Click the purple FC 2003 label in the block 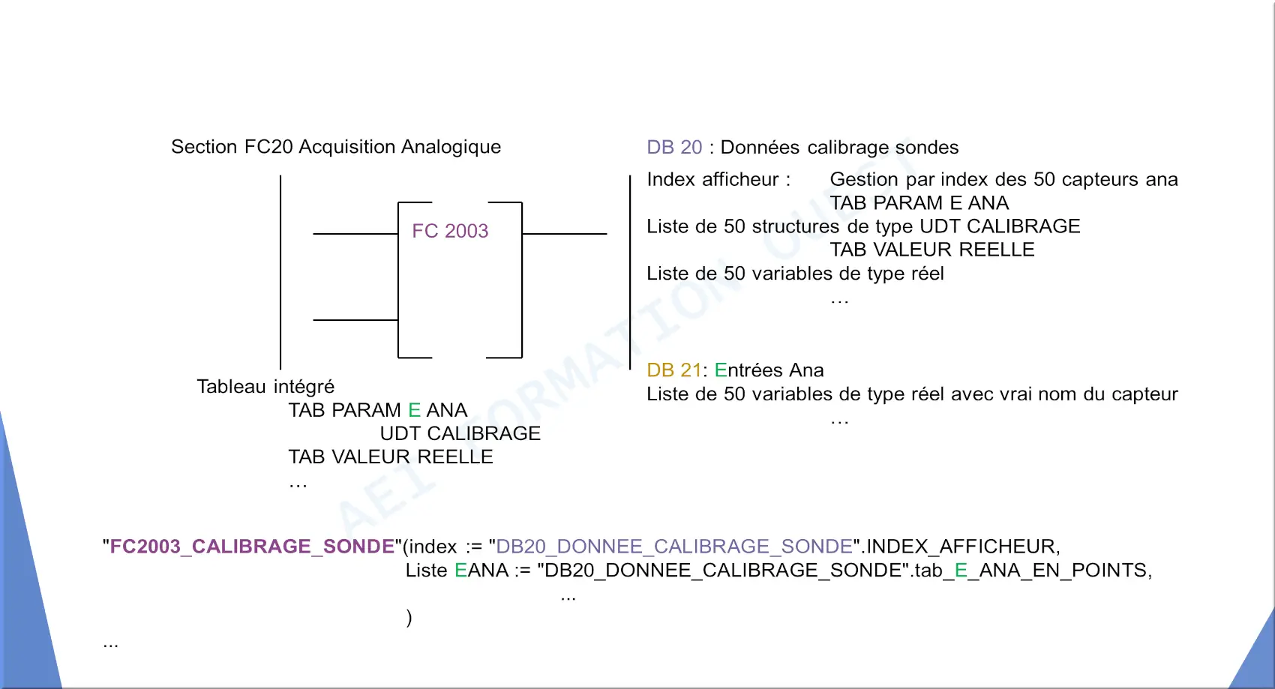coord(450,230)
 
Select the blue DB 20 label coord(674,147)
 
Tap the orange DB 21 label coord(674,370)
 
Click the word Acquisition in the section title coord(346,147)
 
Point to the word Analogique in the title coord(451,147)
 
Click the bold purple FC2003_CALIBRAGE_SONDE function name coord(251,547)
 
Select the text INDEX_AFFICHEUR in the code coord(961,547)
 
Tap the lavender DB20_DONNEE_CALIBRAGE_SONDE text coord(674,547)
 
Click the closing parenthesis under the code coord(409,617)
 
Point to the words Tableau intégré coord(265,387)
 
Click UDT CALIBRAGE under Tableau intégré coord(460,433)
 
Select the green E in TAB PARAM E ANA coord(414,409)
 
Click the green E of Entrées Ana coord(721,370)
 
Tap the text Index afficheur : coord(718,179)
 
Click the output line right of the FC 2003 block coord(564,233)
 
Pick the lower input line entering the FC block coord(355,319)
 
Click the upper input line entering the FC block coord(355,233)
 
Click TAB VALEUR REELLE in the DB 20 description coord(931,250)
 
